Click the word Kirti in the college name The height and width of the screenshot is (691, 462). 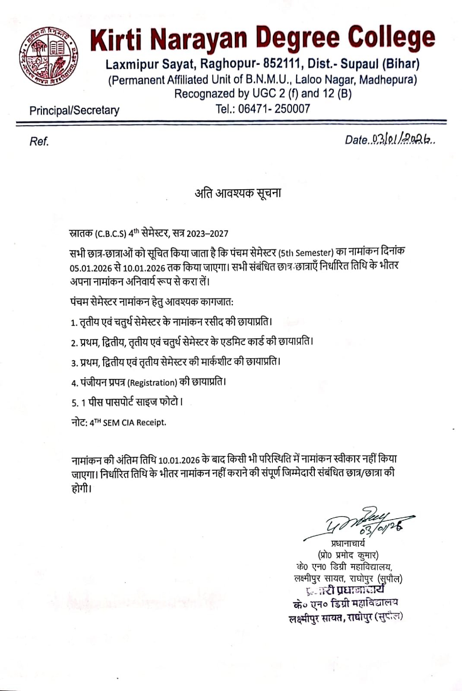point(115,40)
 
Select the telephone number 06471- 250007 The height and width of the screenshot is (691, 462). point(274,108)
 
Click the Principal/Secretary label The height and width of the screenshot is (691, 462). point(74,111)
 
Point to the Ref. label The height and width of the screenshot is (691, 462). point(39,141)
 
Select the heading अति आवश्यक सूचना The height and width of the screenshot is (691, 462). point(238,193)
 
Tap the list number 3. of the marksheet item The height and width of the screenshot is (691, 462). point(74,363)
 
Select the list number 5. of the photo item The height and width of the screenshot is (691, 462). point(75,403)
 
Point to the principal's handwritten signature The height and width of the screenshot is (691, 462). point(358,524)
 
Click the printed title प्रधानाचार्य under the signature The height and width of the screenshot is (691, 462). point(348,544)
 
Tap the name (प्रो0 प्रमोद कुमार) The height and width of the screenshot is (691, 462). point(348,555)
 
